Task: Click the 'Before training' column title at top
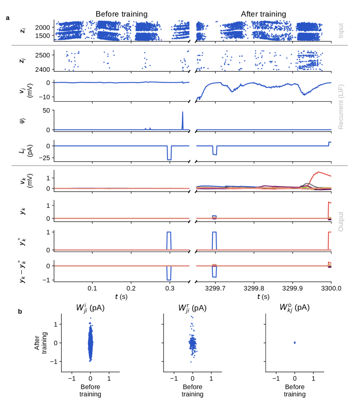click(x=121, y=14)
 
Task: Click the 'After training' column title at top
click(x=263, y=14)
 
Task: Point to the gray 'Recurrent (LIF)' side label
click(x=341, y=105)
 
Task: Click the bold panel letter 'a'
click(x=8, y=18)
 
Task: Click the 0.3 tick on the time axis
click(x=169, y=288)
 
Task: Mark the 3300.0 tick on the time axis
click(x=330, y=288)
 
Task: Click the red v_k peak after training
click(x=318, y=172)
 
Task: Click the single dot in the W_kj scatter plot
click(x=295, y=342)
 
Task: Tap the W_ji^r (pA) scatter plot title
click(x=192, y=307)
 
